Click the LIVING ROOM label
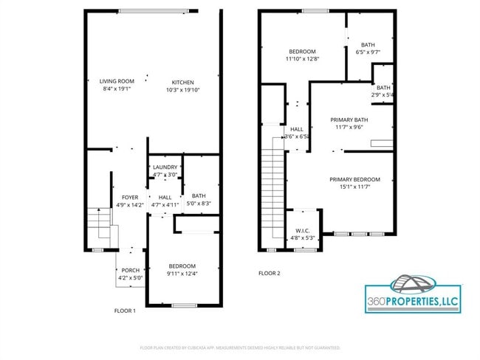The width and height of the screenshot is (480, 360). (117, 81)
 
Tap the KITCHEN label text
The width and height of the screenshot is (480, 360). (183, 82)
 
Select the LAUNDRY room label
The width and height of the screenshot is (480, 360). (165, 167)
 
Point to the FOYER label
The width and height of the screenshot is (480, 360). (130, 197)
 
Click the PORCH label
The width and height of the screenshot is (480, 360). (131, 270)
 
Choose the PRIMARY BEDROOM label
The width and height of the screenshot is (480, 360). (354, 179)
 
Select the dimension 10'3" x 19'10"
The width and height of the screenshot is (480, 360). (183, 90)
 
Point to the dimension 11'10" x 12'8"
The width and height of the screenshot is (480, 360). (302, 58)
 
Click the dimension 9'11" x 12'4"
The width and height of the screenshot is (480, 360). (182, 274)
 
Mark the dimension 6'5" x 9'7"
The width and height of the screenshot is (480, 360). (368, 52)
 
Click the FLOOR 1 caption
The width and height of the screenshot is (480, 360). (125, 311)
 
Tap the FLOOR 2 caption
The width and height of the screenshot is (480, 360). (270, 273)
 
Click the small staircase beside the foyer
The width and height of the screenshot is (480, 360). (97, 222)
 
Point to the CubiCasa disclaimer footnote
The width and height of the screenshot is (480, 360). (239, 347)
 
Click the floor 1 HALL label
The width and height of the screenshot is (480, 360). (165, 197)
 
